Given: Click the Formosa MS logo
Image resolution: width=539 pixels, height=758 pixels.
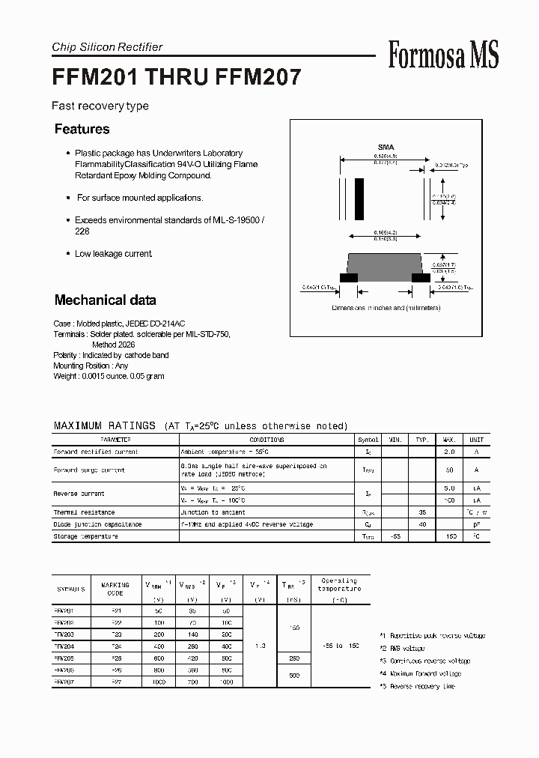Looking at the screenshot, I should pos(443,55).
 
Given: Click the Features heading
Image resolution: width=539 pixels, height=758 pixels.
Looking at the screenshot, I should pos(82,130).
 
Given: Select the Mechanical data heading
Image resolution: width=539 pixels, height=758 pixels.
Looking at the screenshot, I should pos(105,300).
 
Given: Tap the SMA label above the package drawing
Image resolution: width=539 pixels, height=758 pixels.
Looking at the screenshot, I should pos(386,148).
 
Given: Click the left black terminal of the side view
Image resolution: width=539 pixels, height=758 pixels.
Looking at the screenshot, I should pos(349,278).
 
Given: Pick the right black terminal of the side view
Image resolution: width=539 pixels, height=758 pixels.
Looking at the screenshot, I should pos(421,278).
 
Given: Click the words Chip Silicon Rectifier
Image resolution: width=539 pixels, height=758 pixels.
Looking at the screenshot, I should pos(107,47).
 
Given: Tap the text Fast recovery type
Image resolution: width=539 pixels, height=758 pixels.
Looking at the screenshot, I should pos(100,106).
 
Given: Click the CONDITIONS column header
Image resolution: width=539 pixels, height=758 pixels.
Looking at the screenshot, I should pos(267,440).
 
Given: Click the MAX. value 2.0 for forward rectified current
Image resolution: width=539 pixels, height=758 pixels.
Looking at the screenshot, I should pos(450,452).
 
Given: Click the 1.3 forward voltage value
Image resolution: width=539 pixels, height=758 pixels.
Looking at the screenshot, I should pos(259,645).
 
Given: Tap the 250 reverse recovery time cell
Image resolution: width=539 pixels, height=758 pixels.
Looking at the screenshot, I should pos(293,658).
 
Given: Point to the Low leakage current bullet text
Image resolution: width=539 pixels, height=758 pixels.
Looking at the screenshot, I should pos(114,254).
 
